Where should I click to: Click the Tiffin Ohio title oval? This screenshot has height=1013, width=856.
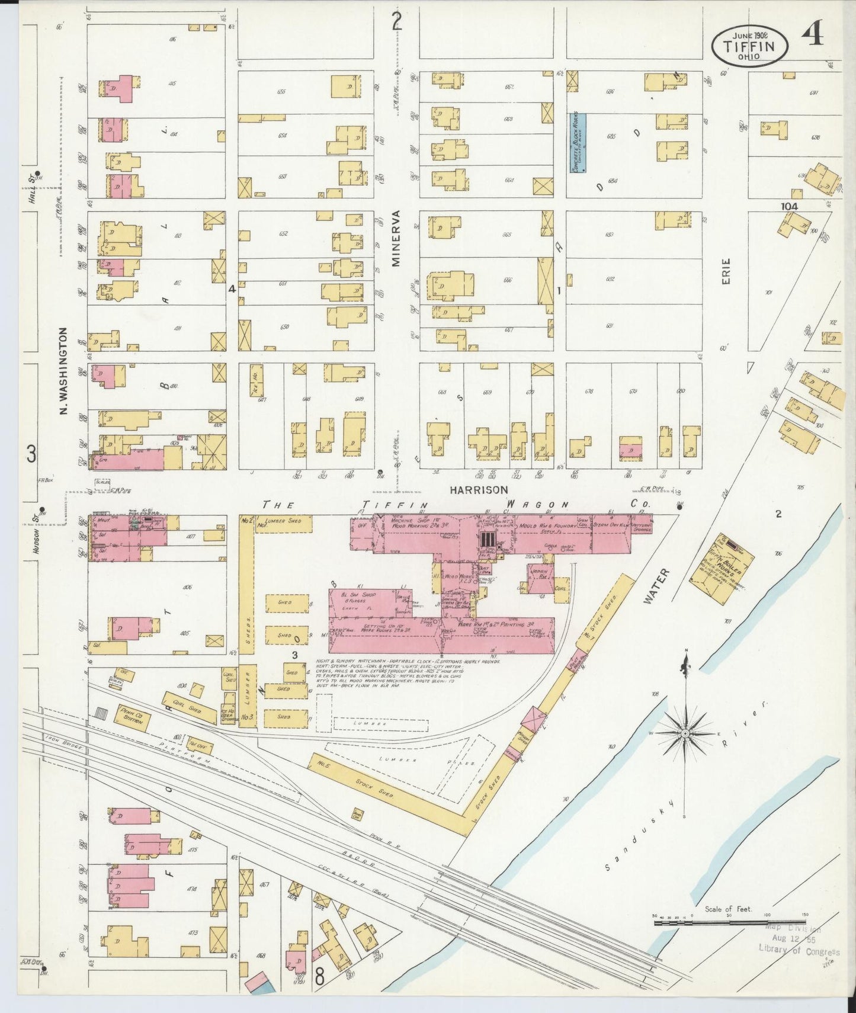[749, 46]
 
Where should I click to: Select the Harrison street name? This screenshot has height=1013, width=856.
[479, 490]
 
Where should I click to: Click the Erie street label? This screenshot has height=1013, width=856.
[726, 272]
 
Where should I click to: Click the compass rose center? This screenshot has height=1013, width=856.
[685, 733]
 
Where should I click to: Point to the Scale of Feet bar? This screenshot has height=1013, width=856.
[729, 922]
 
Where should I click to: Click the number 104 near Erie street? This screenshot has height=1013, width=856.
[788, 206]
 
